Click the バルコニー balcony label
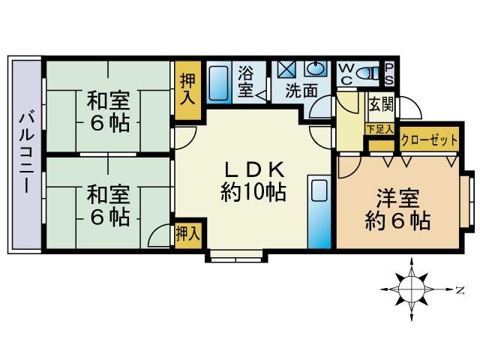[27, 153]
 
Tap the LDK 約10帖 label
[253, 181]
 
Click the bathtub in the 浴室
[218, 82]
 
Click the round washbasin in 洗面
[316, 68]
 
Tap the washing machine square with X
[286, 70]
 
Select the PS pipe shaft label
[389, 73]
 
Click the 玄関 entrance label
[381, 105]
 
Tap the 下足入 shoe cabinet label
[380, 129]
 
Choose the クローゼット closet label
[429, 140]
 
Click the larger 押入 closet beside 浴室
[187, 90]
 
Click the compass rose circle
[412, 289]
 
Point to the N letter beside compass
[460, 289]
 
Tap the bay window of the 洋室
[468, 202]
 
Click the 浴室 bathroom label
[246, 82]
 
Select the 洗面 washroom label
[301, 91]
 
